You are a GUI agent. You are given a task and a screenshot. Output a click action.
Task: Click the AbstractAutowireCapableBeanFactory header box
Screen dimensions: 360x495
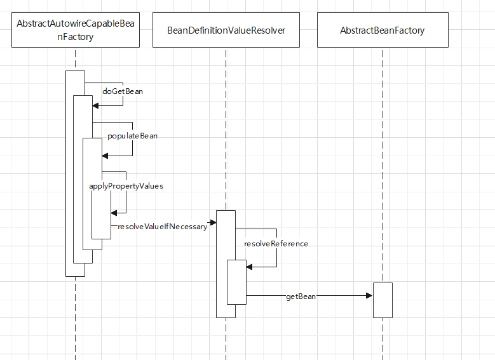tap(75, 30)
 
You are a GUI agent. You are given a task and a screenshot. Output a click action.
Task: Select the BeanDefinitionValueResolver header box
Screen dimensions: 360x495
tap(226, 30)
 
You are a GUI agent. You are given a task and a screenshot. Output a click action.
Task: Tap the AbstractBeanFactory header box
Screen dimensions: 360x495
tap(383, 30)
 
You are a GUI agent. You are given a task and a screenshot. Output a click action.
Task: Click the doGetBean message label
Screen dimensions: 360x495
tap(123, 91)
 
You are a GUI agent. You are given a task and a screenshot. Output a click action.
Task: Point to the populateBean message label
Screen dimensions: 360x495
tap(132, 136)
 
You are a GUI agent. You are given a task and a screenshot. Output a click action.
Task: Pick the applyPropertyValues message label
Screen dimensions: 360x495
tap(126, 186)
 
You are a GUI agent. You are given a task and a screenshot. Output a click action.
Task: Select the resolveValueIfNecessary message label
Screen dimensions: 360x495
tap(163, 227)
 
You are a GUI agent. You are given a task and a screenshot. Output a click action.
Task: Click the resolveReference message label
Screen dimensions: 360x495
tap(276, 243)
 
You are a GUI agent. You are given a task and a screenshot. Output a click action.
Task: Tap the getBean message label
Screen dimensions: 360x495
tap(301, 297)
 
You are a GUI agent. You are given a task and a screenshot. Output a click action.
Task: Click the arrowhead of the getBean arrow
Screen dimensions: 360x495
tap(369, 295)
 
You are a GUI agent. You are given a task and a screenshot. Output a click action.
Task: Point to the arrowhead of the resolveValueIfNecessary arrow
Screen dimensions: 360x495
tap(213, 222)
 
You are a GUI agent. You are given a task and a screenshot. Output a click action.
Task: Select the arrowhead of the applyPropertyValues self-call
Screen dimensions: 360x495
tap(114, 213)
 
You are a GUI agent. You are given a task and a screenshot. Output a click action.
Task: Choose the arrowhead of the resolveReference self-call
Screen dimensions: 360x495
tap(250, 267)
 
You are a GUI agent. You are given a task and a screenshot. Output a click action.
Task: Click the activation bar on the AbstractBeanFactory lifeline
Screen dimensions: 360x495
tap(383, 300)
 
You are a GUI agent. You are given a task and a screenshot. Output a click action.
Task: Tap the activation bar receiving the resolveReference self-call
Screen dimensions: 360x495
tap(236, 282)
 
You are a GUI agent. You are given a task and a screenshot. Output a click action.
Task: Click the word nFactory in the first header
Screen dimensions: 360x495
tap(75, 37)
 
